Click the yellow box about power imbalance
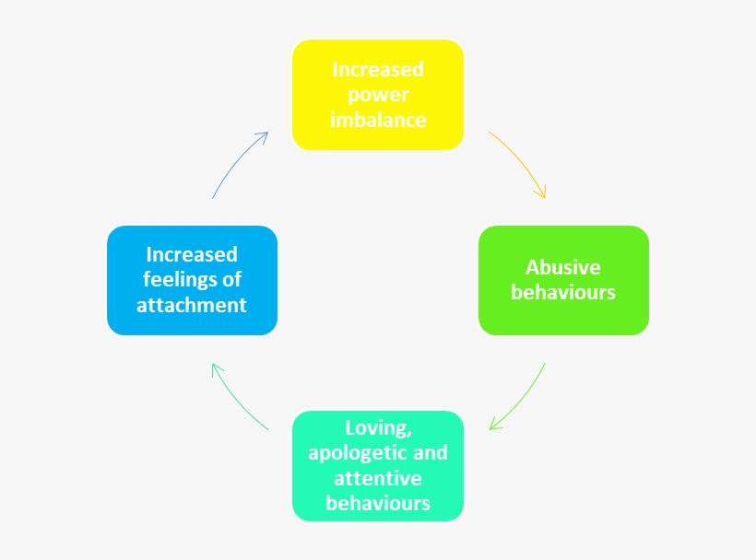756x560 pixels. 377,95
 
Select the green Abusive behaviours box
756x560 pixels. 563,279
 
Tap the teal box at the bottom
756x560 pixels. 377,466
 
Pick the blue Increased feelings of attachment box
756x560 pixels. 192,279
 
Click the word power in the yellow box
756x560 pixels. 377,95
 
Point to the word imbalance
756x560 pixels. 378,120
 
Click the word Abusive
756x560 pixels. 562,267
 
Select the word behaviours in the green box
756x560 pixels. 562,293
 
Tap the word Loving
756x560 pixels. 376,427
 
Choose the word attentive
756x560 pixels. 377,478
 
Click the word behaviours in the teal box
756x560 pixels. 377,503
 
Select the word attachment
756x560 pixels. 192,305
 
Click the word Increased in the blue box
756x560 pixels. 192,254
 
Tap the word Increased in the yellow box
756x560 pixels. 378,69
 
